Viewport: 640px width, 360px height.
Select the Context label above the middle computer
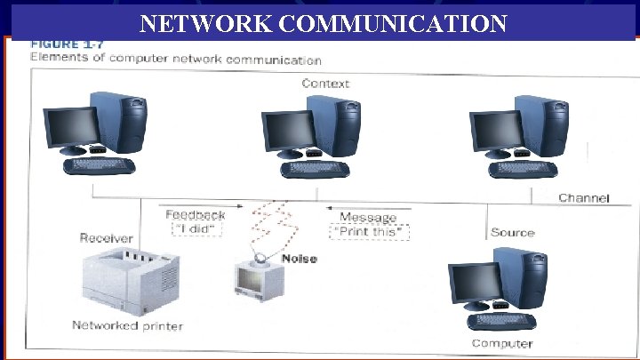(x=325, y=84)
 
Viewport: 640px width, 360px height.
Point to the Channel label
(x=583, y=197)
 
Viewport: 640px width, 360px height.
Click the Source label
(x=512, y=233)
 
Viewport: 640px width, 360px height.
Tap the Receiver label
(x=107, y=238)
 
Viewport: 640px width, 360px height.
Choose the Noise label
(x=300, y=259)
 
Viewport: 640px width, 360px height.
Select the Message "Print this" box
(x=369, y=226)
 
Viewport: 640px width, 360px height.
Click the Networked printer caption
(x=127, y=326)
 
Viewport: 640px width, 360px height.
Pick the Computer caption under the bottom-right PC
(x=502, y=343)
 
